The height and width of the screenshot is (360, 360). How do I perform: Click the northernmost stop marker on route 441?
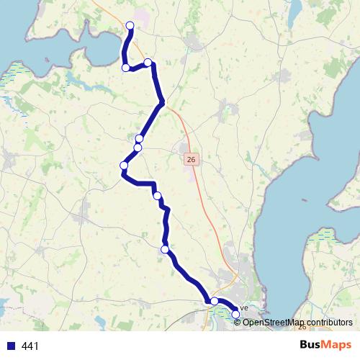point(130,26)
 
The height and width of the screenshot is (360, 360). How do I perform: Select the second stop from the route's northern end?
point(148,63)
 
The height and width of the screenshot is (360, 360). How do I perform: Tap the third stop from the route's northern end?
point(126,68)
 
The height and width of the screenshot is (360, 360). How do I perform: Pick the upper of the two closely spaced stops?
point(140,138)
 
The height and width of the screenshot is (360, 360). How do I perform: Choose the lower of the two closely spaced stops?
point(138,148)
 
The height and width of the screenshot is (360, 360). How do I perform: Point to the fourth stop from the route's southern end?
point(157,195)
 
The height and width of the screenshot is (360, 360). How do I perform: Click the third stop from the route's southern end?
point(165,249)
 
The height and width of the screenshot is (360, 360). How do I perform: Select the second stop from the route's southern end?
point(214,301)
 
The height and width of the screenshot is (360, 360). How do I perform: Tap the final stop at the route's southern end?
point(235,314)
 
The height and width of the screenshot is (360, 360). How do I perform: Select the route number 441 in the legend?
point(31,346)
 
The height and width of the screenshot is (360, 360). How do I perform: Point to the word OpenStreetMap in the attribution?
point(272,322)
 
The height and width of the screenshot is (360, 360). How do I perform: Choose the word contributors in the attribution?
point(328,322)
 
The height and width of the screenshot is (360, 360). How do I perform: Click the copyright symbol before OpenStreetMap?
point(238,322)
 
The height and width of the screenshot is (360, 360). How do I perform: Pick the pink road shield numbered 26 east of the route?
point(190,159)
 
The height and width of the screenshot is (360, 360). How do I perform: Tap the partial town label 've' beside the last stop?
point(243,308)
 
